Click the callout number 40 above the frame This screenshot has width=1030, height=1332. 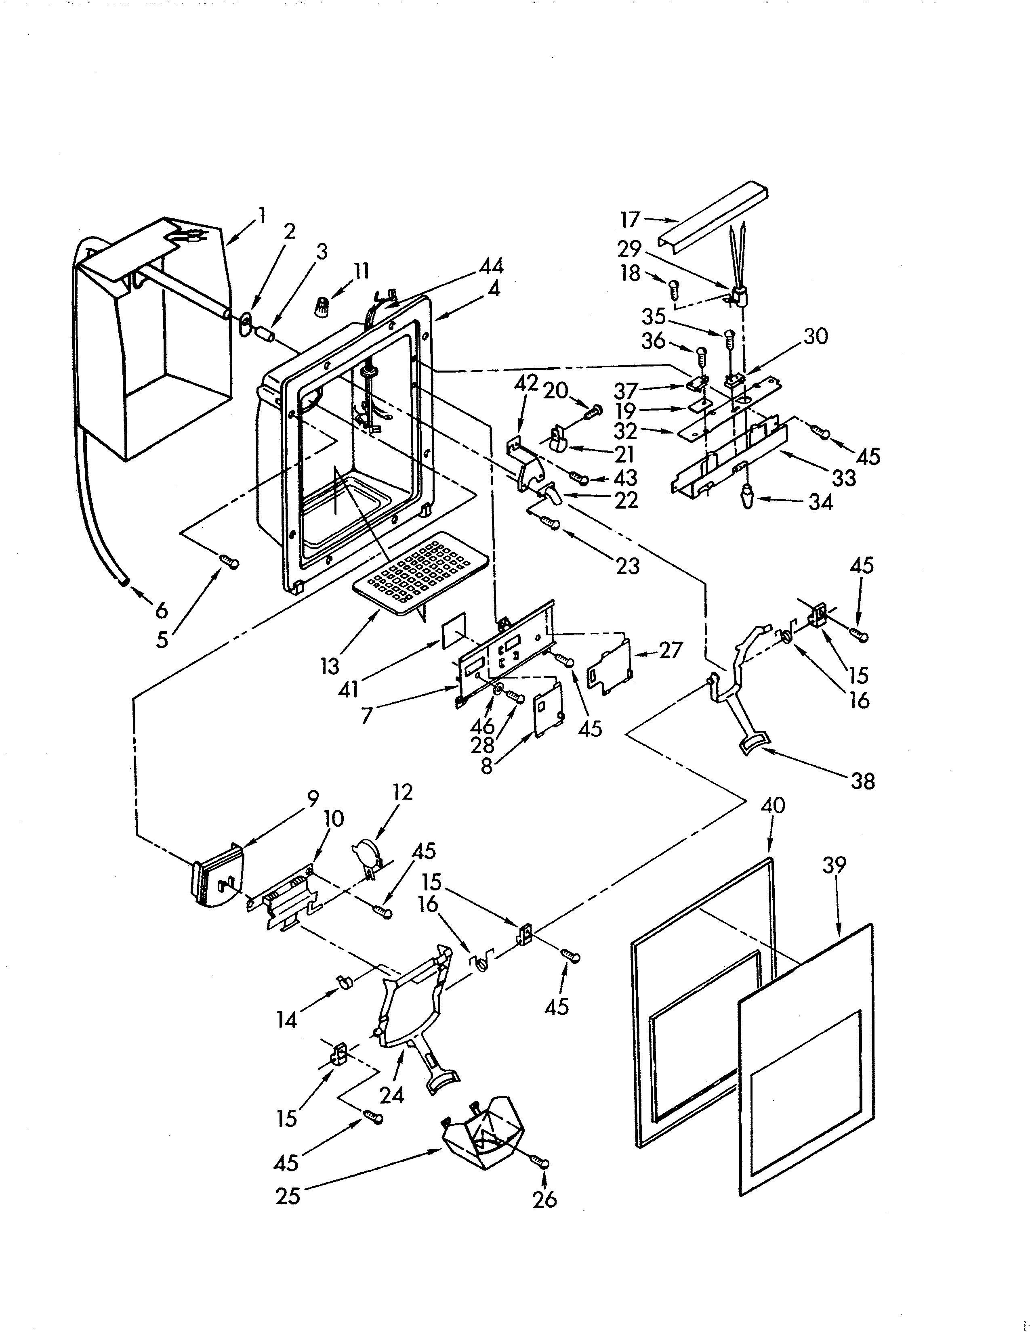(x=773, y=807)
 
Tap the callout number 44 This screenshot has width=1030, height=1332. (x=491, y=266)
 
